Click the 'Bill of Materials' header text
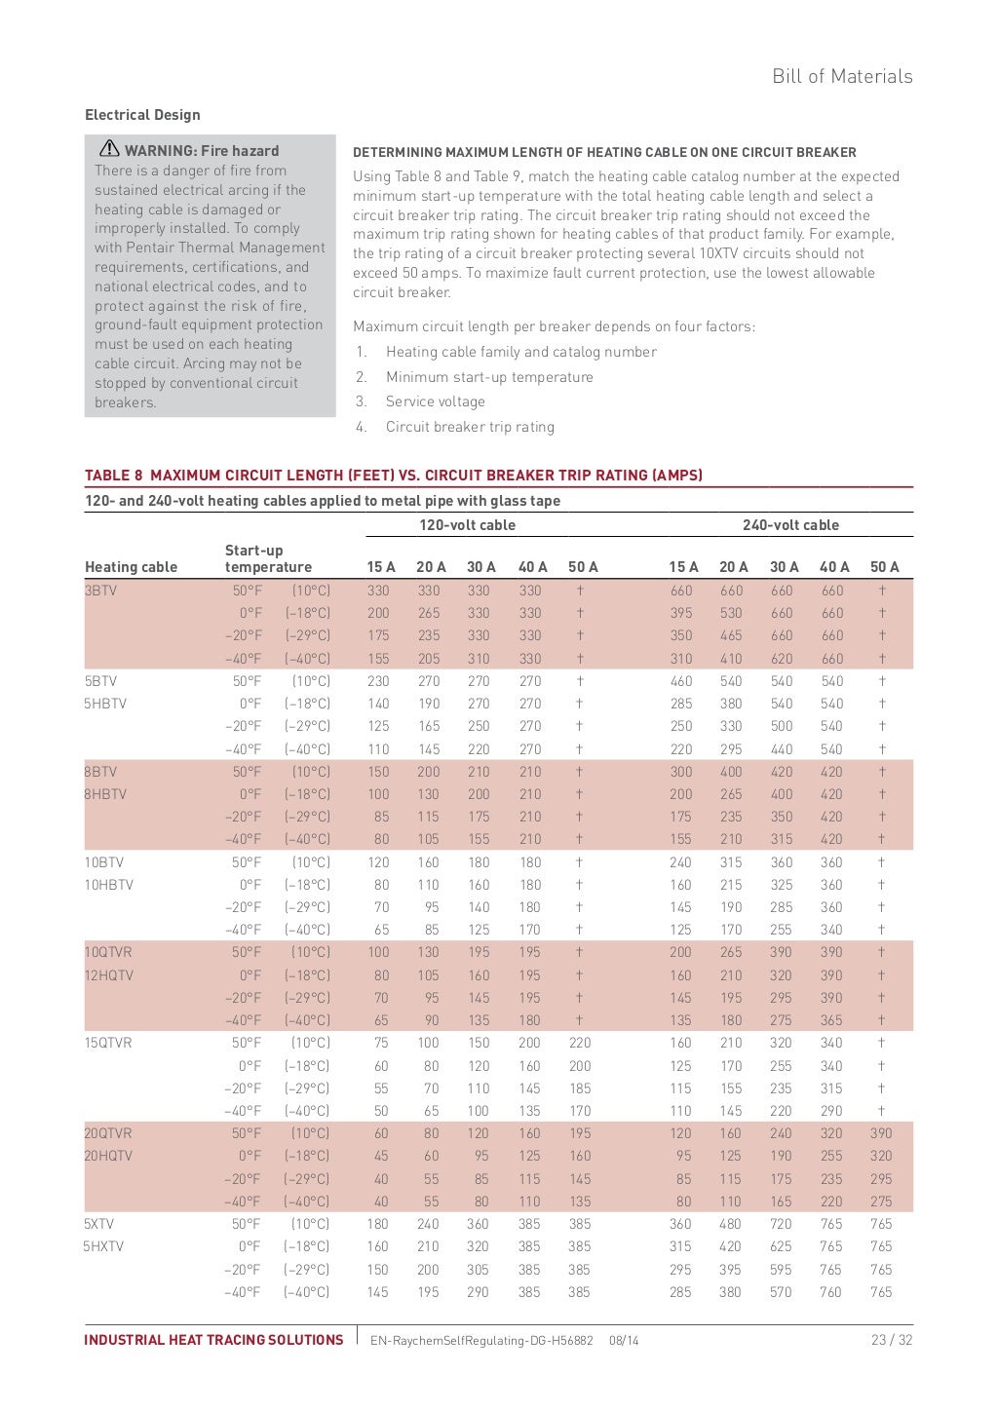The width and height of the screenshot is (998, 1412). click(x=842, y=76)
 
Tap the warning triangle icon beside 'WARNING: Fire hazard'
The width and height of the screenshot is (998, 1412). click(x=109, y=149)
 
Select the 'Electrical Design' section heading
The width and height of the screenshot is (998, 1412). click(x=142, y=115)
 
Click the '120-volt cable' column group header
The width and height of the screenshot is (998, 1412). click(x=467, y=525)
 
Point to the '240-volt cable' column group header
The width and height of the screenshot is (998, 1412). click(x=790, y=525)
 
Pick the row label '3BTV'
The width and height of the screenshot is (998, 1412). click(x=100, y=591)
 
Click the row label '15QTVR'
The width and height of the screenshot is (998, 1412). click(x=108, y=1043)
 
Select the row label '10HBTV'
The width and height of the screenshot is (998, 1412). click(x=109, y=885)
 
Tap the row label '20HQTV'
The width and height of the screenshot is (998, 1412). click(x=108, y=1156)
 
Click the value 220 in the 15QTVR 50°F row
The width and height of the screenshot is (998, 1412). click(x=580, y=1043)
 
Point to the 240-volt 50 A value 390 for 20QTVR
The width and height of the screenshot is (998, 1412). click(x=881, y=1133)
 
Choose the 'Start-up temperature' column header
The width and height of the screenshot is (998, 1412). click(x=268, y=558)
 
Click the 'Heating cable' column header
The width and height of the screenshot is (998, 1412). click(x=132, y=567)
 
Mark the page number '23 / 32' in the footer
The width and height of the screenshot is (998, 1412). click(x=892, y=1340)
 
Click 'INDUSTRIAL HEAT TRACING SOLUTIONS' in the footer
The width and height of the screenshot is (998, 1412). click(x=213, y=1340)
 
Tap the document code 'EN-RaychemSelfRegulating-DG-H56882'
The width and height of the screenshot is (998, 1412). click(x=481, y=1341)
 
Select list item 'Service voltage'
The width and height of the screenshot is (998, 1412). click(x=435, y=401)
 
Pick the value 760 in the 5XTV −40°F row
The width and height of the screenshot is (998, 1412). click(x=830, y=1292)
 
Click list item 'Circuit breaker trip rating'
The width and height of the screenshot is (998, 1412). click(x=470, y=427)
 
